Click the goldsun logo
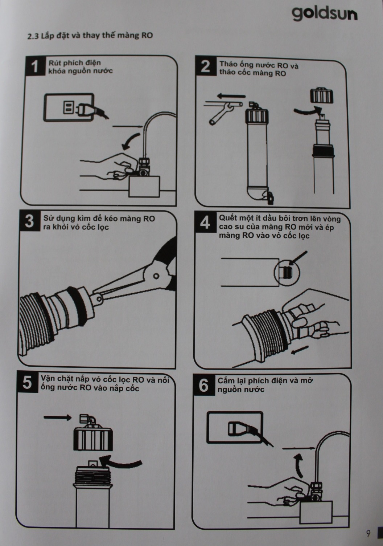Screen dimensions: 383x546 [x=325, y=14]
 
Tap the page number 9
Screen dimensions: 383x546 [x=368, y=534]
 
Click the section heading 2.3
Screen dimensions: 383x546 [x=90, y=36]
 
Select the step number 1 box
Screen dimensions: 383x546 [x=35, y=66]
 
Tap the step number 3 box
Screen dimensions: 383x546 [x=29, y=221]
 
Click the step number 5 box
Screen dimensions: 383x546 [x=27, y=382]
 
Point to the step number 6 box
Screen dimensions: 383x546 [x=203, y=386]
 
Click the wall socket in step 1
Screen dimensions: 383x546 [x=69, y=107]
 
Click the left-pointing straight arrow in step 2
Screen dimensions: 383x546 [x=231, y=96]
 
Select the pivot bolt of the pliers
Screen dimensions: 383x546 [x=156, y=276]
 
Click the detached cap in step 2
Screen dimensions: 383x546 [x=322, y=95]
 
